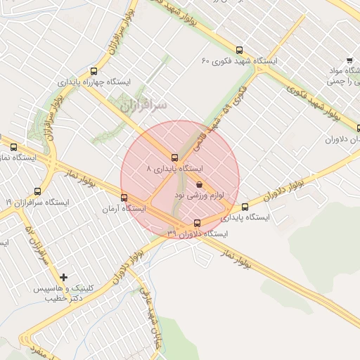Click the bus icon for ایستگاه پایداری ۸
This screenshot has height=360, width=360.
(175, 157)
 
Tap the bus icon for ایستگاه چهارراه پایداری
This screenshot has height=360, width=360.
(94, 71)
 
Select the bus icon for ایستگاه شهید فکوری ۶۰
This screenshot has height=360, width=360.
(240, 50)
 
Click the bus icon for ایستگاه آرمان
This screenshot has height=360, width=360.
(124, 198)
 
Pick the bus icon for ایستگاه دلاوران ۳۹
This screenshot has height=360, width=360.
(196, 223)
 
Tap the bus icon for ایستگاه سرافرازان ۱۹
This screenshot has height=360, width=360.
(37, 191)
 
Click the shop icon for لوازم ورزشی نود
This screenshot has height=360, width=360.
(200, 184)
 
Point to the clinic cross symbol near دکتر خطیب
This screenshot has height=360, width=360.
(64, 277)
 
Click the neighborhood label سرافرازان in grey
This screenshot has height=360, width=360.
(143, 105)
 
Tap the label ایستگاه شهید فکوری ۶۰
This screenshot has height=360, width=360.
(240, 61)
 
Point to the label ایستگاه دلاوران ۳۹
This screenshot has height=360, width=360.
(198, 233)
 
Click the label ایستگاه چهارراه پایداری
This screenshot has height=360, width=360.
(94, 82)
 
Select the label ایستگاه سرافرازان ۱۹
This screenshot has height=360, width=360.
(38, 202)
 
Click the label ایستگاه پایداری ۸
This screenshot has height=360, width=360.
(174, 169)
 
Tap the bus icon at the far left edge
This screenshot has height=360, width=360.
(14, 147)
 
